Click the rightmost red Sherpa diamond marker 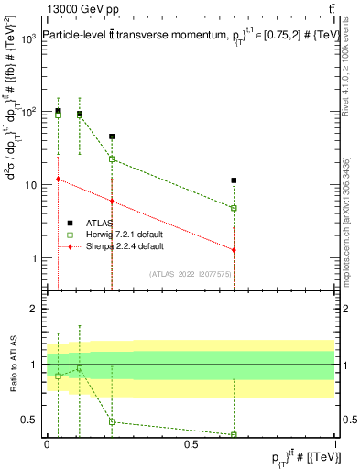click(235, 250)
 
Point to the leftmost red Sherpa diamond click(58, 180)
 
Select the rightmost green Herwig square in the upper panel click(235, 208)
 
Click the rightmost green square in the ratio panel click(235, 434)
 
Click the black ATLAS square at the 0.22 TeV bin click(112, 136)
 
